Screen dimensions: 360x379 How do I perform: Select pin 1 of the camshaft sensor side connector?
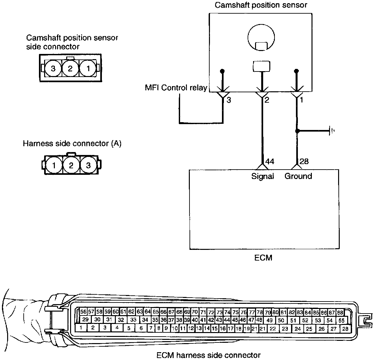(88, 69)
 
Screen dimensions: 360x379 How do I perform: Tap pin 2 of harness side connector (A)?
(71, 166)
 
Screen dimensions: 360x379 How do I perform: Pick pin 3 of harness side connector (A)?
(88, 166)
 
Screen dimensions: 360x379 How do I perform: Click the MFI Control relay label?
(176, 88)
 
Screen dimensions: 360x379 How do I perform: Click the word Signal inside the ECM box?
(263, 176)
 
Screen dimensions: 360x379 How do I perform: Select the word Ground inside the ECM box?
(298, 176)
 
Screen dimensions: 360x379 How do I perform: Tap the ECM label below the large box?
(263, 258)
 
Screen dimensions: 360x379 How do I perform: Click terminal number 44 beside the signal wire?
(270, 161)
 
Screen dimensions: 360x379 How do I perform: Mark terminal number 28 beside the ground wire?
(304, 161)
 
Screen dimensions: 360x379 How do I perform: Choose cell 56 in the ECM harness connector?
(83, 312)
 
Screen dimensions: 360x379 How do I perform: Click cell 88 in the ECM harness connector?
(340, 313)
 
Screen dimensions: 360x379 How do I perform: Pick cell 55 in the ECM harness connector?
(341, 320)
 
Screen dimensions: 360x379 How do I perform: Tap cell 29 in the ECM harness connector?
(85, 320)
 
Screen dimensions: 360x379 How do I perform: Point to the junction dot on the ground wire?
(297, 131)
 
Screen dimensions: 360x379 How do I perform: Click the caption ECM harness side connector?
(208, 355)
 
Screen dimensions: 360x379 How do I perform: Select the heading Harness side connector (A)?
(72, 144)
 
